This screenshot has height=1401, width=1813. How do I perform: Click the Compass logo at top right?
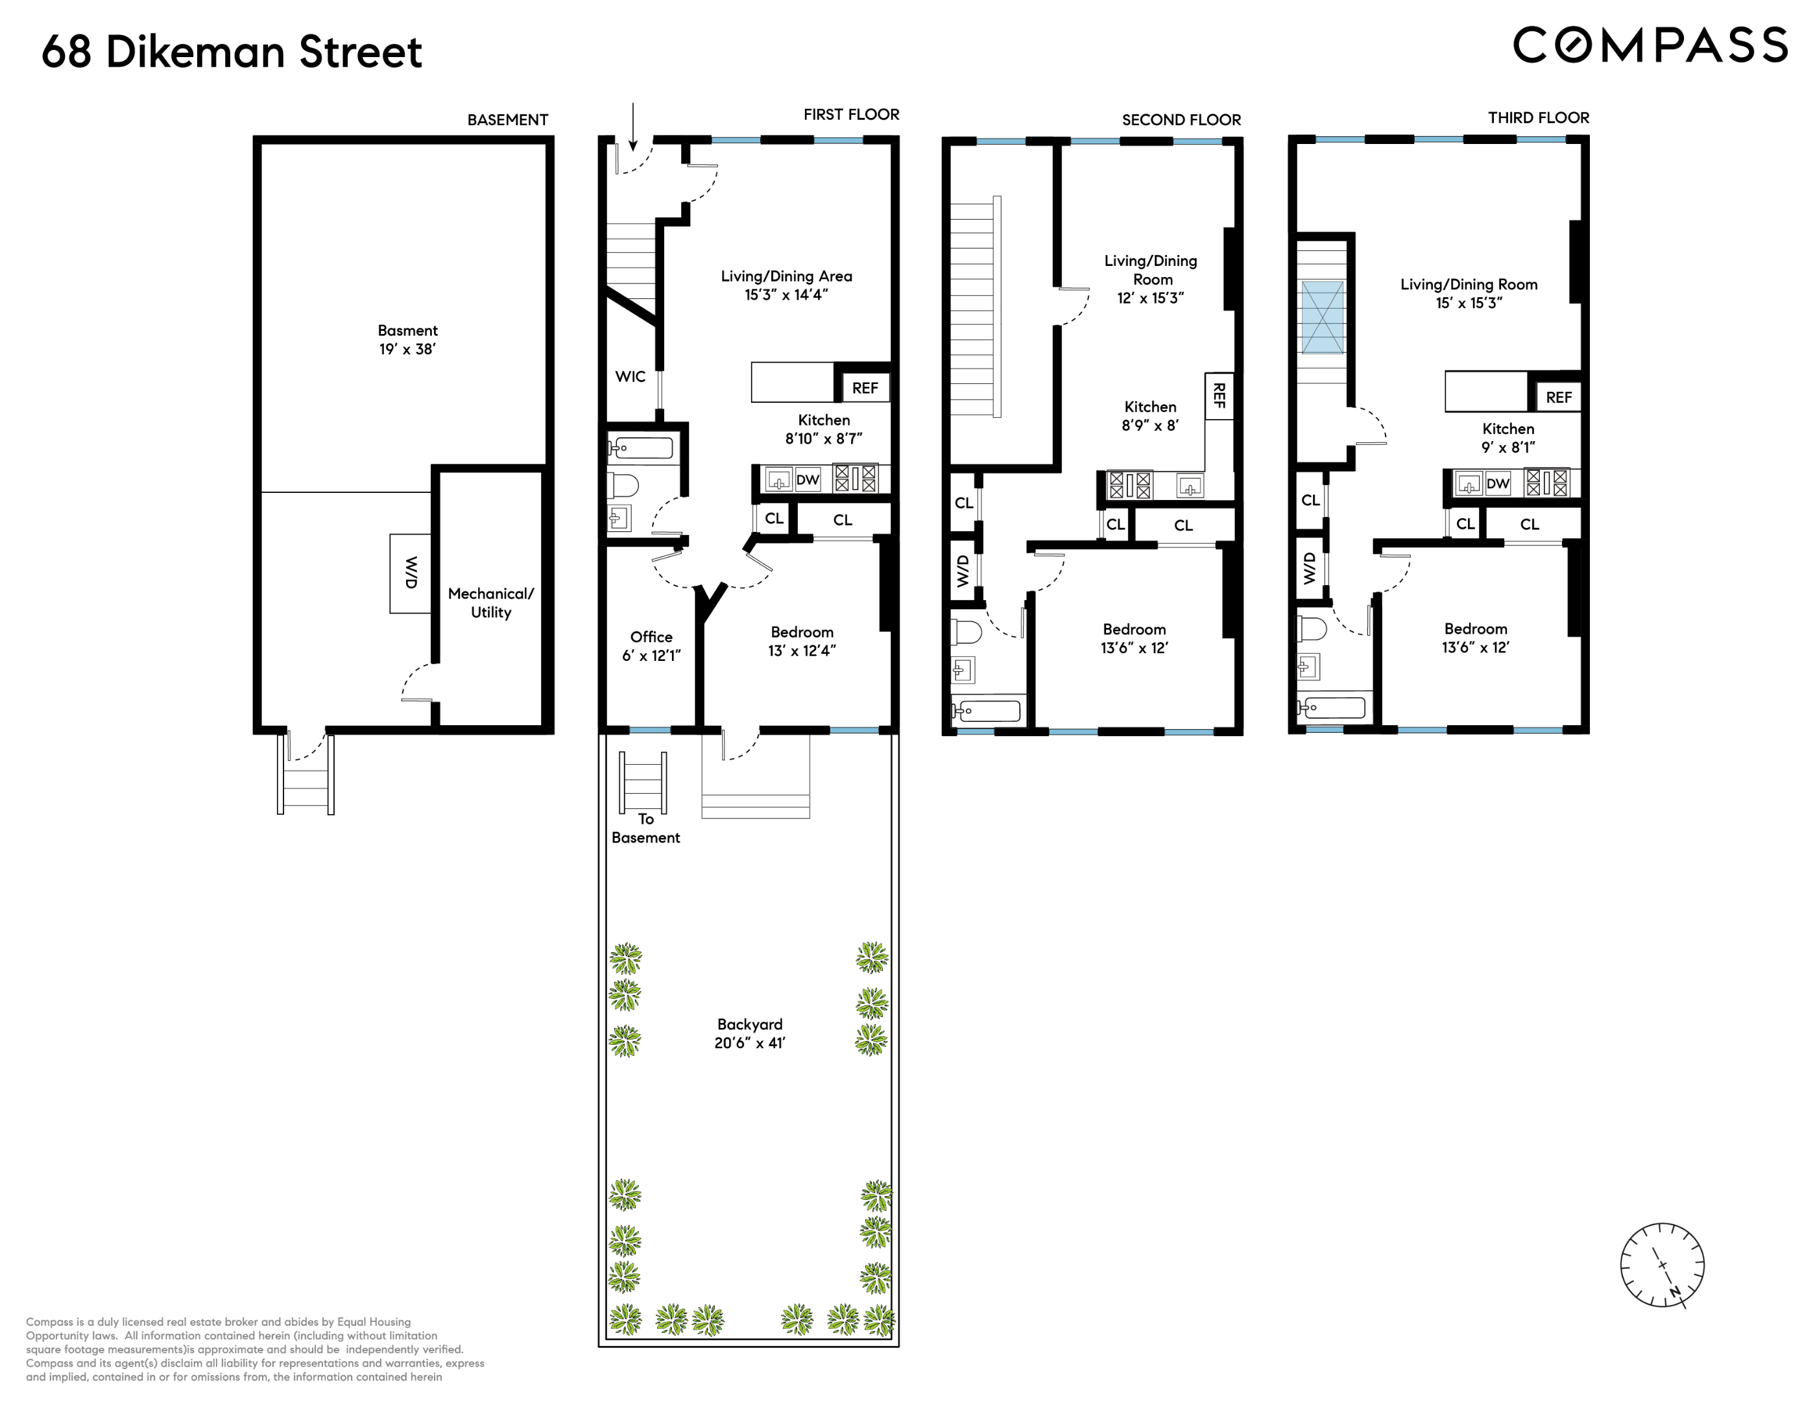(1650, 45)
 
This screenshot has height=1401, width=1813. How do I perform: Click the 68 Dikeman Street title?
(232, 51)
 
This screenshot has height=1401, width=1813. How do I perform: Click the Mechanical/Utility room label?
(490, 603)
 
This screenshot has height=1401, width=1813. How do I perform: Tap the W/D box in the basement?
(410, 573)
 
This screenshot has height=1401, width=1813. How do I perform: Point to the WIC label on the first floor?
(630, 377)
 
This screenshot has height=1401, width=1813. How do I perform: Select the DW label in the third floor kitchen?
(1498, 484)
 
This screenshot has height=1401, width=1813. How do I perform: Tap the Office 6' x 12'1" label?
(651, 646)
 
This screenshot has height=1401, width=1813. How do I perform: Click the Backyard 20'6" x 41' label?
(750, 1033)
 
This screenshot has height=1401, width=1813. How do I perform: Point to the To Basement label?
(645, 828)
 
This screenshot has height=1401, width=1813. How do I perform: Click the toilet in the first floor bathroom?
(623, 485)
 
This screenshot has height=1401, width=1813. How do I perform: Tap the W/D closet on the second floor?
(963, 571)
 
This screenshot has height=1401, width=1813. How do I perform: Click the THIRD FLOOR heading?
(1537, 118)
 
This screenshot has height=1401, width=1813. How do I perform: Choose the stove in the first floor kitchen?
(855, 479)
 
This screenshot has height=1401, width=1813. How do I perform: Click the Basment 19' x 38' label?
(407, 339)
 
